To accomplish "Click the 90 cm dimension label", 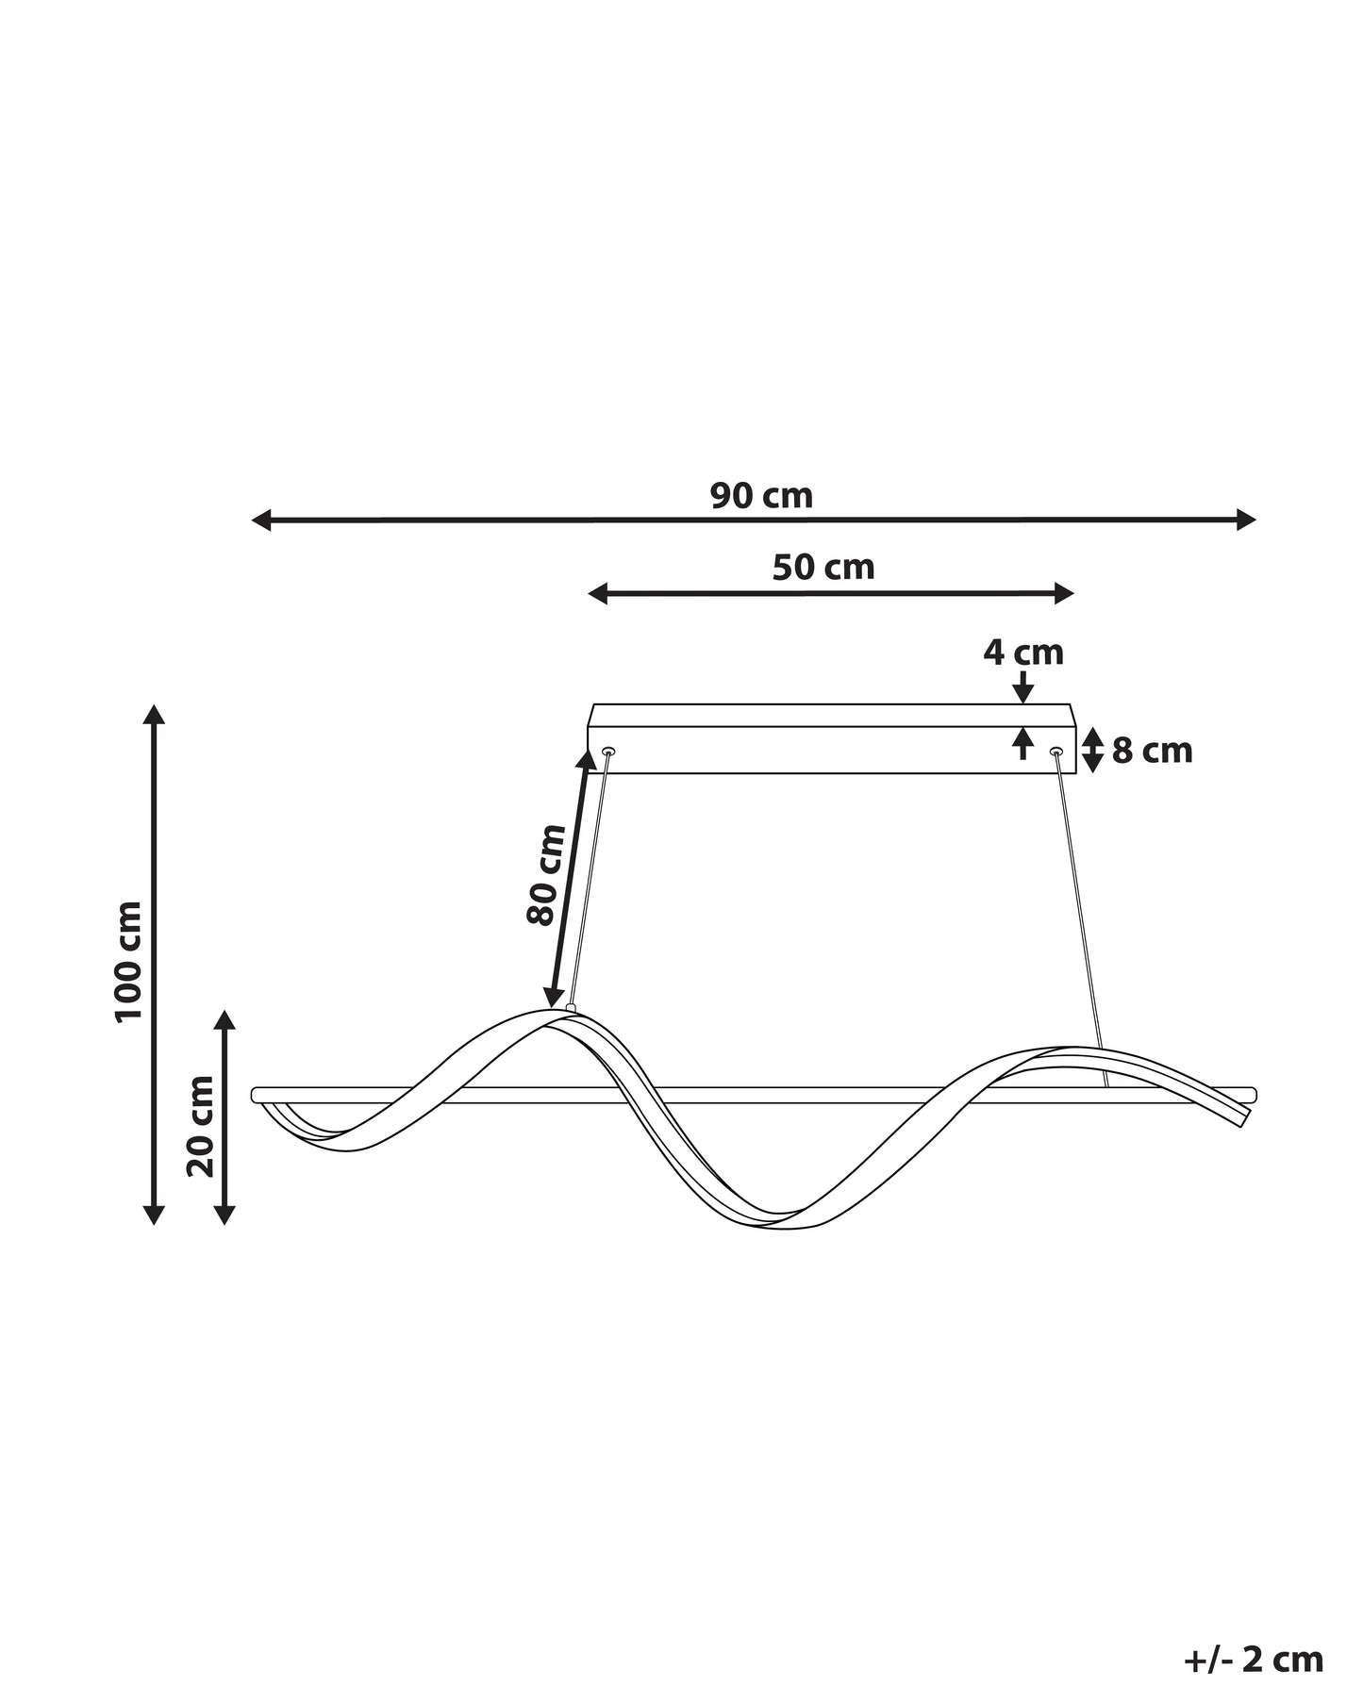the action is coord(761,496).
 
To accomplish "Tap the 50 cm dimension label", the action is coord(823,568).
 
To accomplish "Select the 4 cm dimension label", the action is coord(1023,653).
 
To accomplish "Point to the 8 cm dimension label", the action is coord(1153,752).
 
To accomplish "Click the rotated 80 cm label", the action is coord(546,874).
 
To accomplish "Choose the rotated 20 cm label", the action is coord(201,1126).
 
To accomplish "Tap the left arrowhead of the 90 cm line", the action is coord(261,520).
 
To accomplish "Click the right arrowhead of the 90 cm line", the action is coord(1247,520).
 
